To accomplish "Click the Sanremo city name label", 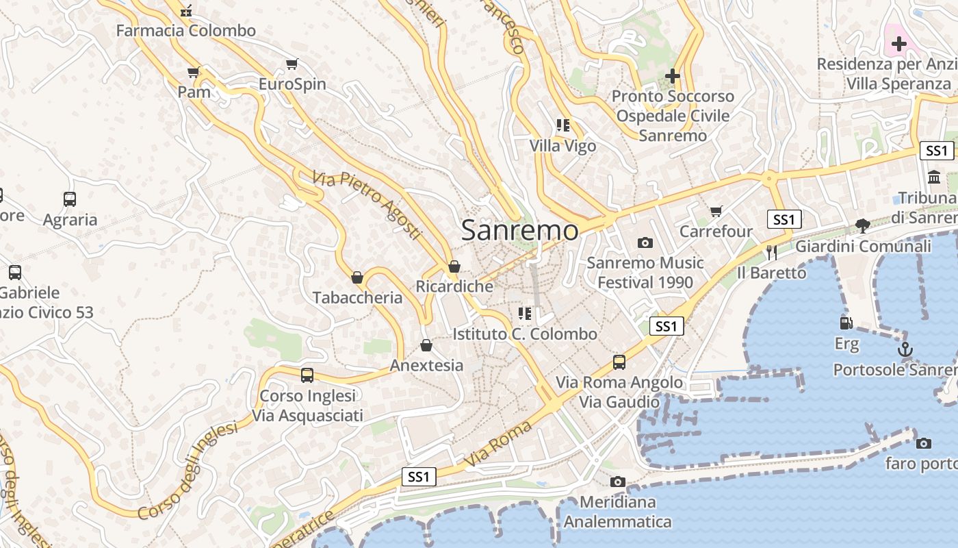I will tap(519, 230).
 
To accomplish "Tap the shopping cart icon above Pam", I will tap(194, 72).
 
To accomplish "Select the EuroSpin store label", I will tap(292, 84).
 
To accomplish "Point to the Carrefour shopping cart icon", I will tap(716, 212).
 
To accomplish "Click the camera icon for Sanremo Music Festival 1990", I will tap(645, 242).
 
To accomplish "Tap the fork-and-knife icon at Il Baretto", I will tap(772, 252).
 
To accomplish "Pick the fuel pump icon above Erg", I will tap(846, 323).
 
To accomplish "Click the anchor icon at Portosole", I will tap(905, 349).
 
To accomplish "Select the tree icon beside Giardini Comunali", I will tap(862, 225).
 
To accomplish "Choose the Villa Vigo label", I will tap(562, 146).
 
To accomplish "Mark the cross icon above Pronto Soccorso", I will tap(673, 75).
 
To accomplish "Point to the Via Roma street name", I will tap(499, 444).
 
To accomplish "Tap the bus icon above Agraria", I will tap(70, 199).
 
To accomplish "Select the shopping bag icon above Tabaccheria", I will tap(357, 277).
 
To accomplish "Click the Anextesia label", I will tap(426, 365).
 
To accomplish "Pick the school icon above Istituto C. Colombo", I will tap(525, 314).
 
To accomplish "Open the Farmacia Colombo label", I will tap(185, 31).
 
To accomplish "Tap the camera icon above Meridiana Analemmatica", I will tap(618, 482).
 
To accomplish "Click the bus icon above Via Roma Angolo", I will tap(619, 362).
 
